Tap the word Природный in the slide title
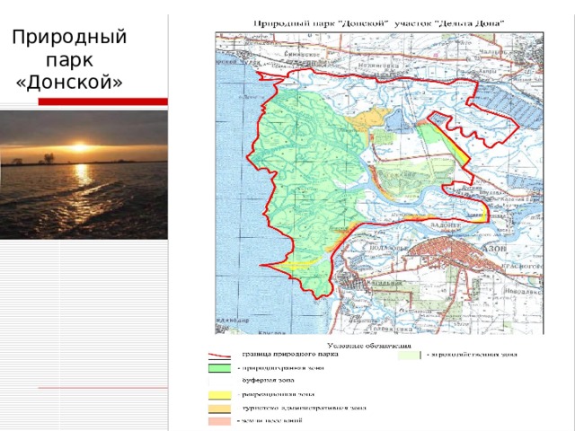70,39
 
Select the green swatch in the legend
219,366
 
